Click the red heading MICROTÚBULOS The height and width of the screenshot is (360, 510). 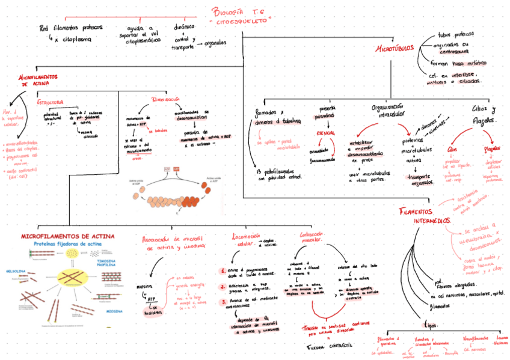[x=394, y=47]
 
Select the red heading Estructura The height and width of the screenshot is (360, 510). [x=51, y=102]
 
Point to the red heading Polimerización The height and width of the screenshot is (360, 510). [x=165, y=99]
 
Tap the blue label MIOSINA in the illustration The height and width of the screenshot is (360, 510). [x=114, y=311]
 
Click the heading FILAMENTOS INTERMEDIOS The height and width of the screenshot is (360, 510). [x=425, y=216]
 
